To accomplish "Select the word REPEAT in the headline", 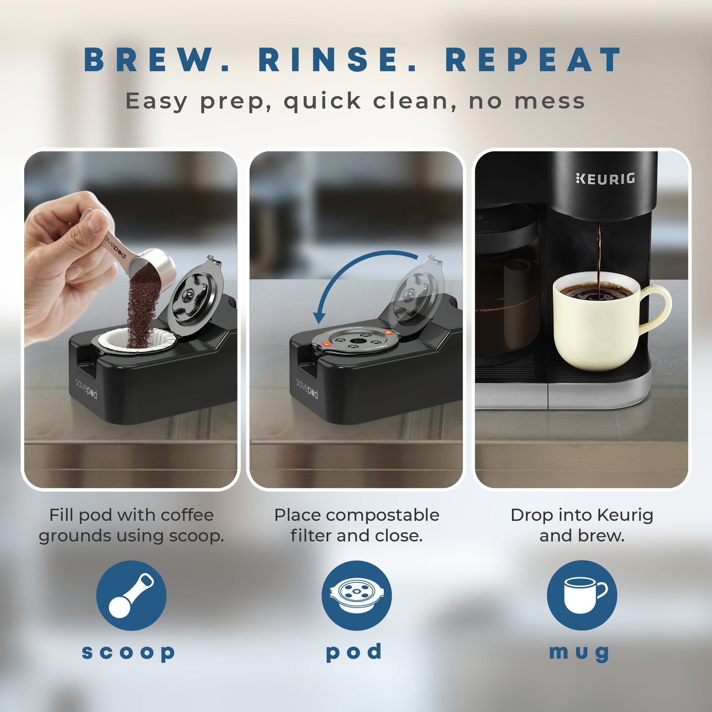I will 534,60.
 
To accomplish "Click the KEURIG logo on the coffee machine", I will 606,178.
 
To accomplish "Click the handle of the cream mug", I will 658,308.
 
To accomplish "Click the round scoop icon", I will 131,595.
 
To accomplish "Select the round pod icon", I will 356,595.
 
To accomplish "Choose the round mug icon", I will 582,595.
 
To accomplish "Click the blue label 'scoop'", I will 129,652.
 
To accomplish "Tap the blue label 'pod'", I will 354,652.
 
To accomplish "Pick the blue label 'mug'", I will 579,652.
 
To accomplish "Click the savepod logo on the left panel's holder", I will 86,388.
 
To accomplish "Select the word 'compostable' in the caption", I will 382,515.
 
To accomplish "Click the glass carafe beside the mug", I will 508,296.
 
